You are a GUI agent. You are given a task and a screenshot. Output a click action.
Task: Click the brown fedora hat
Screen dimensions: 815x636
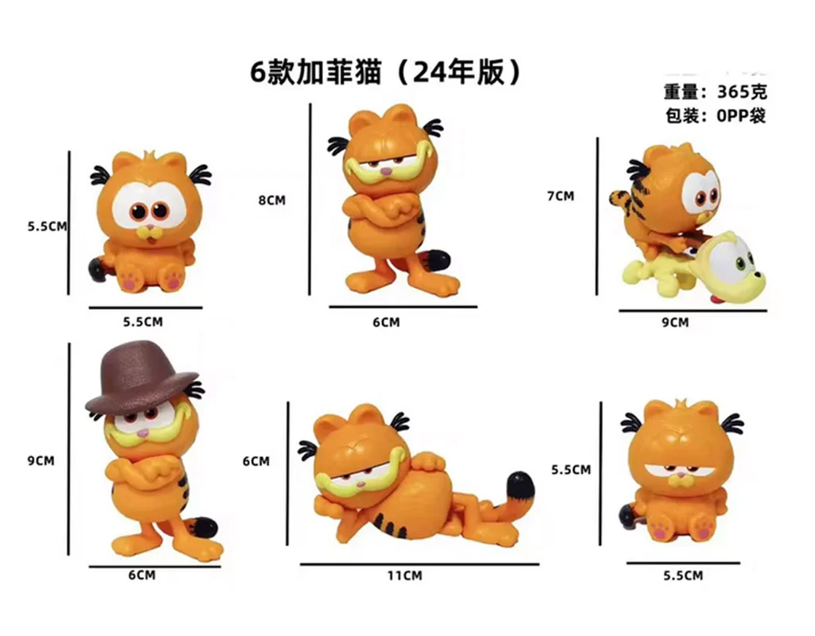[142, 375]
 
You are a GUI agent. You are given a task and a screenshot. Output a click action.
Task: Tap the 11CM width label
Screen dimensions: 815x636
[404, 576]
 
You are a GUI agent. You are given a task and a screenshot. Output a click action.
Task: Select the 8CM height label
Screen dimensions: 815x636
[272, 200]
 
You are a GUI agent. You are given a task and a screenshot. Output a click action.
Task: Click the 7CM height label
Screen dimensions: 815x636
[560, 196]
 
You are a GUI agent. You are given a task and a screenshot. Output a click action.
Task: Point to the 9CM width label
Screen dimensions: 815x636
[675, 323]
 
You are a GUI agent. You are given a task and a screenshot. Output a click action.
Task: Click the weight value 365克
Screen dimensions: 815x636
[742, 92]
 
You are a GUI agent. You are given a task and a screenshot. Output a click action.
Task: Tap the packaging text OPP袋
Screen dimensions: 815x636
[741, 115]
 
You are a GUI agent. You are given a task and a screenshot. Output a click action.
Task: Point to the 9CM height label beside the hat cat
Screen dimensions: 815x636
[41, 460]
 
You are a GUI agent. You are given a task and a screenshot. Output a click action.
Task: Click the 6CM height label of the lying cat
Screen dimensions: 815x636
[255, 461]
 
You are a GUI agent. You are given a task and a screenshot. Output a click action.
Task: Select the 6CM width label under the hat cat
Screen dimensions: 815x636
[142, 576]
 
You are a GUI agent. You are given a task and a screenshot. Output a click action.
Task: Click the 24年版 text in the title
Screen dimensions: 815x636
[458, 72]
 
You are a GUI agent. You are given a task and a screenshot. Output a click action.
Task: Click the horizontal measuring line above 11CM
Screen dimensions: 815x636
[419, 564]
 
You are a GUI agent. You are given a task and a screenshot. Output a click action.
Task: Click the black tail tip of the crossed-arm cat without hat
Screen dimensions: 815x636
[437, 259]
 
